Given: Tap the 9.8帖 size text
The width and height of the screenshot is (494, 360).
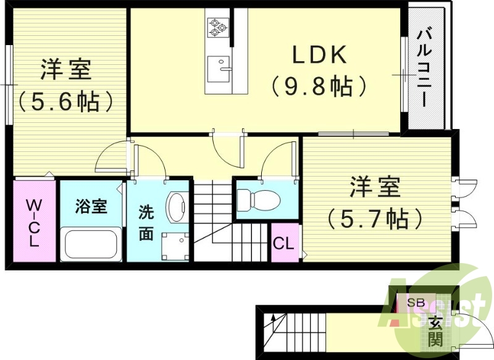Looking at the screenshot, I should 319,86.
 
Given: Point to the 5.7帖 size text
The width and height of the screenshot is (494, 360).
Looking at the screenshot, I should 375,217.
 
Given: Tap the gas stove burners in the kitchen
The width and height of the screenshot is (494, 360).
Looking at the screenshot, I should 217,25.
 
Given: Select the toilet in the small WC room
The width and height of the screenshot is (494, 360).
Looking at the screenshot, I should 258,199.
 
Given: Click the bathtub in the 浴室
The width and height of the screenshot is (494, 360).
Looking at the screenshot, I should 91,245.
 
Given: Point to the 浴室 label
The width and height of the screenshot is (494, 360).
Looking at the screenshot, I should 91,206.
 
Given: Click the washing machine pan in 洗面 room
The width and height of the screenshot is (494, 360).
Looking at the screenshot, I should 173,245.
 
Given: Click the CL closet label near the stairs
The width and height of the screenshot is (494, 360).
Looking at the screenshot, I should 283,243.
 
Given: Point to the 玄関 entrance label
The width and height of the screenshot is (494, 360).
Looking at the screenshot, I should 435,330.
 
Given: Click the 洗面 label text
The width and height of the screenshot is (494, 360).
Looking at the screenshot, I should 146,224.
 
